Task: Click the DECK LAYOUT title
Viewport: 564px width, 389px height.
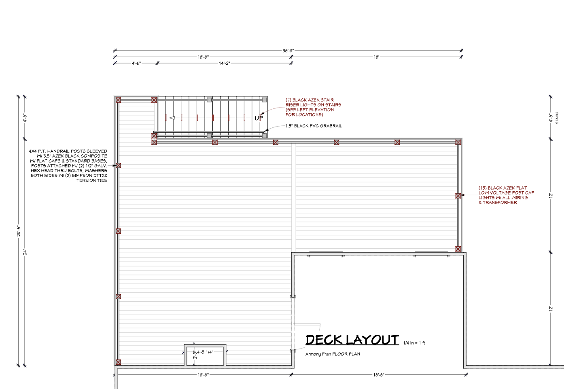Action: pos(352,340)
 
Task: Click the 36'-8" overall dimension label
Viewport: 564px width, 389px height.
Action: pos(288,51)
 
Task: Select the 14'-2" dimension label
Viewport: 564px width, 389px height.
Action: pos(224,63)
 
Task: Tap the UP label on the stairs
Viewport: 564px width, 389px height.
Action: pos(259,118)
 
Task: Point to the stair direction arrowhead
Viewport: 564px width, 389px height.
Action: pos(172,118)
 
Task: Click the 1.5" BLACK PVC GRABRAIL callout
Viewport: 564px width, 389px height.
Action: pos(314,126)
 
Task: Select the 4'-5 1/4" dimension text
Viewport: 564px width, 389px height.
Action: pos(205,352)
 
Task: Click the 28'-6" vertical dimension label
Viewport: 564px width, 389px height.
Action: pos(19,231)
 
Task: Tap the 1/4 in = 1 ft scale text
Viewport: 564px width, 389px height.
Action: pos(414,343)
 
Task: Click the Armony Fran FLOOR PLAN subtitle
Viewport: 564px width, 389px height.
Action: pos(333,354)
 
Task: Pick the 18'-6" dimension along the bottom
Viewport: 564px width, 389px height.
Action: pos(378,375)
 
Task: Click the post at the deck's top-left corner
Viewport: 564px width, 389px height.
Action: pos(118,100)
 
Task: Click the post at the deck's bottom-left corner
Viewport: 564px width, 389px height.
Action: pos(118,362)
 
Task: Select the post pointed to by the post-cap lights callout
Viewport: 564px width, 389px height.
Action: pos(458,196)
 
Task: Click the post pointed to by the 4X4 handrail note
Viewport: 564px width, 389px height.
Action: pos(118,166)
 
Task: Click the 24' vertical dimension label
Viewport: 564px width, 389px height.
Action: pos(25,252)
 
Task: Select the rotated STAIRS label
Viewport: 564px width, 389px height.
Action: pos(557,118)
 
